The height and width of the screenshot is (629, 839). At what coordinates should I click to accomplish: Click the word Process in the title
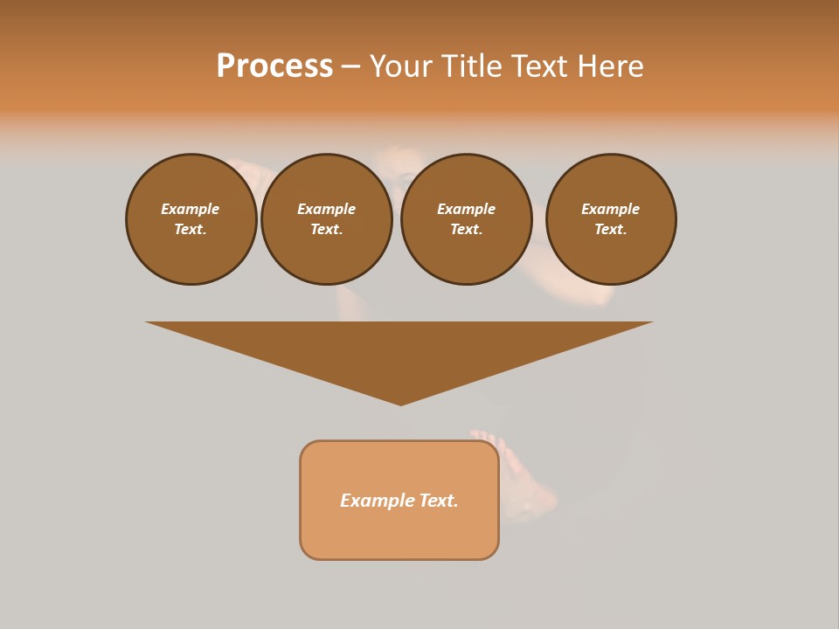(x=274, y=66)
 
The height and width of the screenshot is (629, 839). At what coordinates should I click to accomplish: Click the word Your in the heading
(x=401, y=66)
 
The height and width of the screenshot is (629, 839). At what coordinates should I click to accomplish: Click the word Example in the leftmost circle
(x=190, y=209)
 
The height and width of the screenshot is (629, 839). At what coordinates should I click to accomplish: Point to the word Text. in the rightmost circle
(x=610, y=229)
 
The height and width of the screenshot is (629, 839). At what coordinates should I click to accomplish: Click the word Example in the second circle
(x=326, y=209)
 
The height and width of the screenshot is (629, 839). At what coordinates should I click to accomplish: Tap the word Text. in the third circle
(x=466, y=229)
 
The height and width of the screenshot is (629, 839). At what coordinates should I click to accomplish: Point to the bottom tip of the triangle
(x=400, y=403)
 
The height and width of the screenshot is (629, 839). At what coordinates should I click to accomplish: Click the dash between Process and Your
(x=350, y=67)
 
